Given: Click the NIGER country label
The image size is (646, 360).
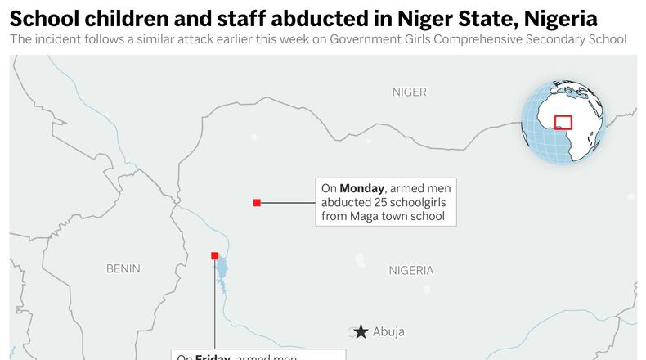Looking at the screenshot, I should (409, 92).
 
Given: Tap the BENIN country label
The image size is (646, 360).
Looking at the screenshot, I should (123, 268).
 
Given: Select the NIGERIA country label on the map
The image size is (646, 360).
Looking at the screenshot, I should (410, 271).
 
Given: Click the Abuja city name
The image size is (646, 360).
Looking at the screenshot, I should (388, 332).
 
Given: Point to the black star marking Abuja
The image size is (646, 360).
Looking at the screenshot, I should (361, 331).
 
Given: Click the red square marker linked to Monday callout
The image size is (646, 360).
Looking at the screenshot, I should (257, 202).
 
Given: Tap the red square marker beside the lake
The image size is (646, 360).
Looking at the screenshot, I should (215, 256).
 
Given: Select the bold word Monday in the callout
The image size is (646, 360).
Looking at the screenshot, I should (361, 188).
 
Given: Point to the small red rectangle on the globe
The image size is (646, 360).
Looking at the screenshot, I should (563, 122).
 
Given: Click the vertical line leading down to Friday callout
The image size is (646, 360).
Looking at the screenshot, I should (215, 311).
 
